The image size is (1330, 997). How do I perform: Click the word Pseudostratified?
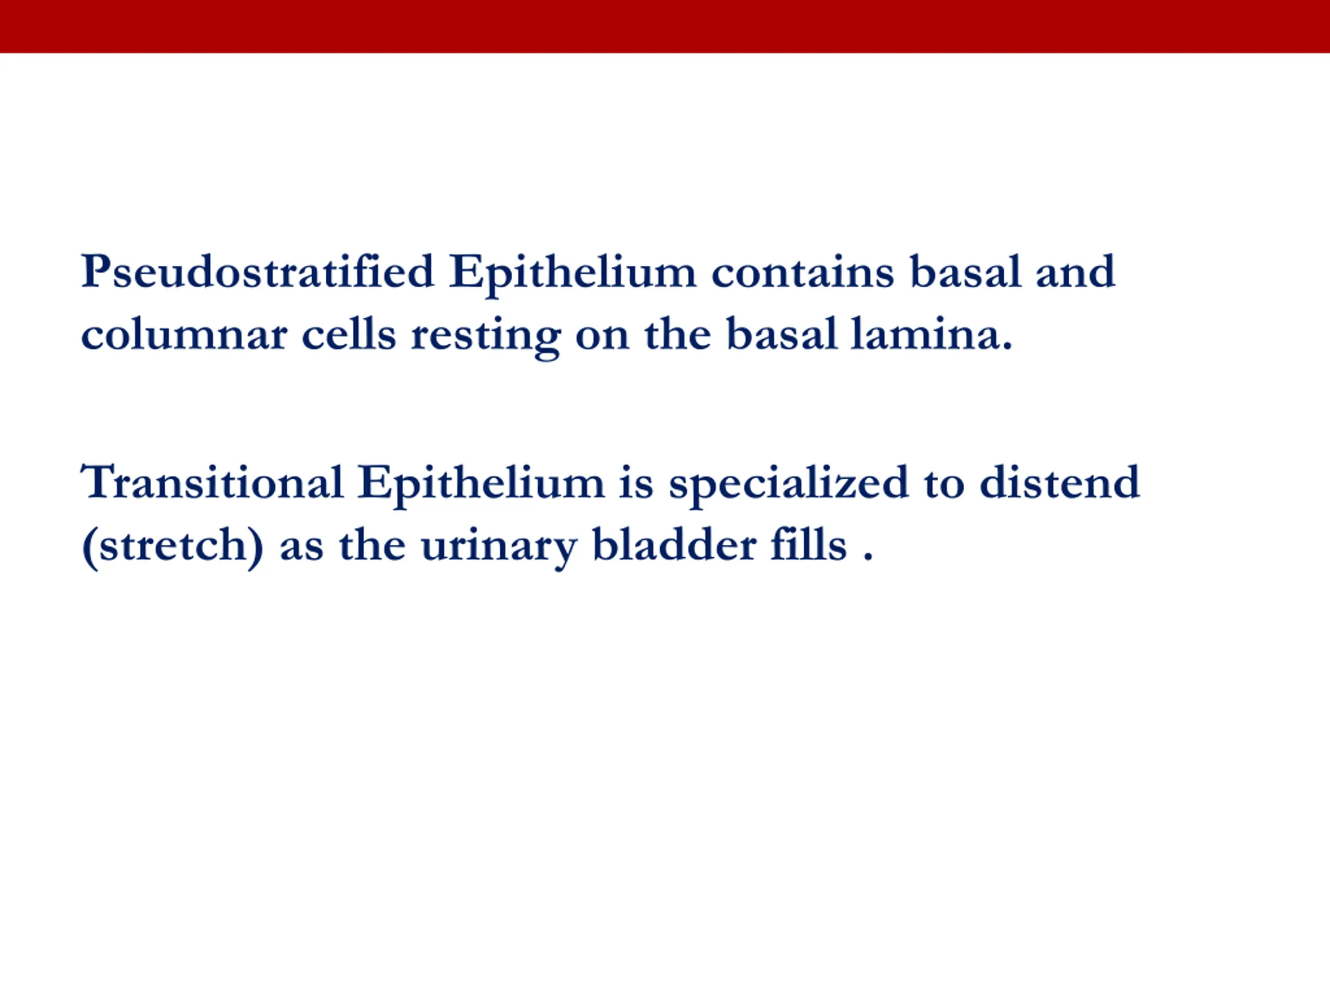[258, 272]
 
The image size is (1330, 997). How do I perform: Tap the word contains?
[803, 272]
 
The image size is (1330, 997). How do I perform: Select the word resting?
[486, 337]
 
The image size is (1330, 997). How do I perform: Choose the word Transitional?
[211, 482]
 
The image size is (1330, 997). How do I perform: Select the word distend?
[1059, 482]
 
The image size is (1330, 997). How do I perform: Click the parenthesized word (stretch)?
[172, 546]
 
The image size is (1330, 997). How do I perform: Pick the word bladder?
[674, 545]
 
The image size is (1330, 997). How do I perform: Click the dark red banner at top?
[665, 26]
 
